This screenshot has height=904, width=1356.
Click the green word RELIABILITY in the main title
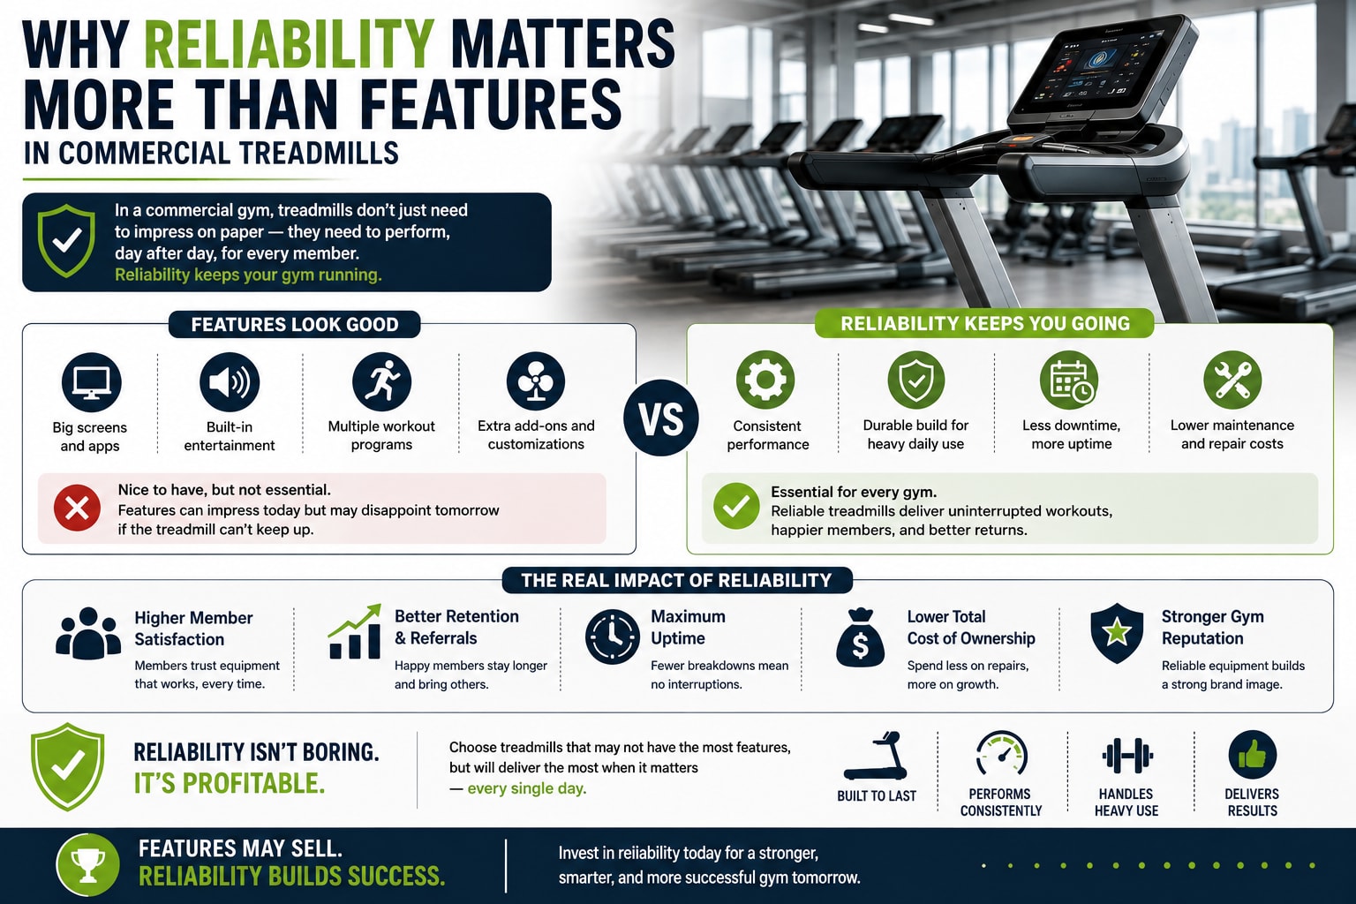[290, 44]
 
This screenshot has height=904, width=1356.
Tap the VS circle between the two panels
[661, 418]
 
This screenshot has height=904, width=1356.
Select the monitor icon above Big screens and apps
[92, 382]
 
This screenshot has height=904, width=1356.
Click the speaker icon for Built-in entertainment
[230, 382]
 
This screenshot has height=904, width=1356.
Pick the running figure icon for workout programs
[382, 381]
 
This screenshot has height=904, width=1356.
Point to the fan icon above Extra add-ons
[536, 381]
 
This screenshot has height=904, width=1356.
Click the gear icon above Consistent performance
[765, 380]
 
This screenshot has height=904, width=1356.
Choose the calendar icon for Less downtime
[1070, 380]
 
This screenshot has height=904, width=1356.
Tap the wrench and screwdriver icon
[1232, 380]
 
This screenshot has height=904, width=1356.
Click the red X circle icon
[77, 508]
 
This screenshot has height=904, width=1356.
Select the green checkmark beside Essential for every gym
[736, 506]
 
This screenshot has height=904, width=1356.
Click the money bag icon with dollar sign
[860, 637]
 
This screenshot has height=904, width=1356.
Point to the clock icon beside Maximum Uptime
[613, 637]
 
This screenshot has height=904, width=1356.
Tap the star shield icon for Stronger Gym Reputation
[1117, 633]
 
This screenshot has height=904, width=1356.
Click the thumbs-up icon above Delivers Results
[1253, 755]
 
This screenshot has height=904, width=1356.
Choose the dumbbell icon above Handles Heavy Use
[1127, 756]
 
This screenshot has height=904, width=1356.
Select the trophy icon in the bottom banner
[87, 865]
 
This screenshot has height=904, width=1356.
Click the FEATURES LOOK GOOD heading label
[295, 325]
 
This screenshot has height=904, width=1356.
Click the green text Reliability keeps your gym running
[248, 275]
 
